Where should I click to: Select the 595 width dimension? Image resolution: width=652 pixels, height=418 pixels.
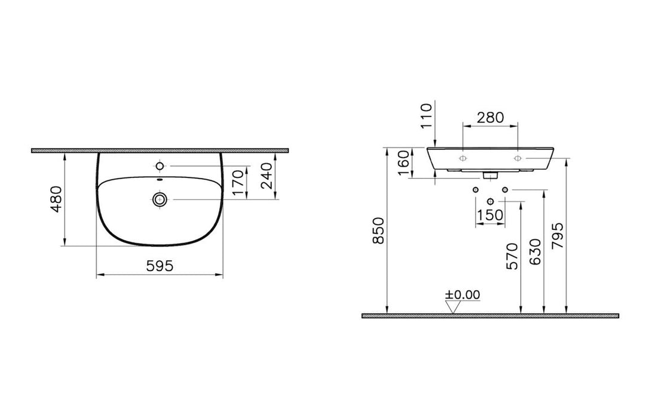tap(160, 266)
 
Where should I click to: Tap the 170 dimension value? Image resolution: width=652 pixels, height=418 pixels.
tap(237, 183)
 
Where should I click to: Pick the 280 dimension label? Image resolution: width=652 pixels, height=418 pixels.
tap(491, 117)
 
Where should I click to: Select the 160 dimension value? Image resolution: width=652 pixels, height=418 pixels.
tap(405, 163)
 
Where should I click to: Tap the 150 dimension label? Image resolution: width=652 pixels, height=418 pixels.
tap(491, 214)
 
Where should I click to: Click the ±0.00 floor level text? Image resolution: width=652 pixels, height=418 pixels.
tap(462, 294)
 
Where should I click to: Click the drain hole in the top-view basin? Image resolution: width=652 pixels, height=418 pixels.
tap(160, 199)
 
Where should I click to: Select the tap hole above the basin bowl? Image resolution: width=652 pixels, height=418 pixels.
tap(160, 165)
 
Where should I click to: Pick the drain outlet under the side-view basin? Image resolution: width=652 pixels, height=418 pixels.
tap(490, 176)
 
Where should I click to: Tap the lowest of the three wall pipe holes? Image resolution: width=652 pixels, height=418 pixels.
tap(490, 201)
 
